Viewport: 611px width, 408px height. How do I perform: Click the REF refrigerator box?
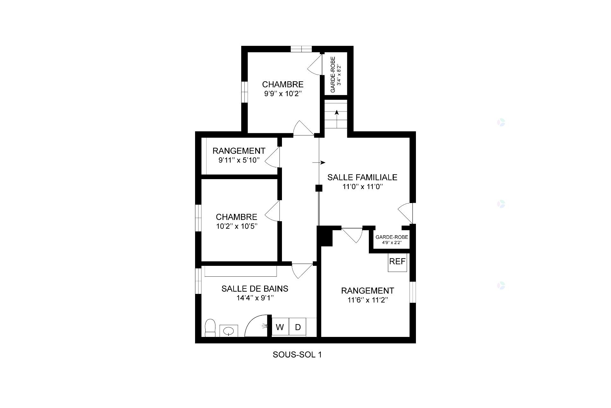point(397,262)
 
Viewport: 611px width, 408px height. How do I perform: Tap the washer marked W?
point(280,327)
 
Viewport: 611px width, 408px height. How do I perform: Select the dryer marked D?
point(298,327)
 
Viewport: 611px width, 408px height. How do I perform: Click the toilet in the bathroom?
point(210,328)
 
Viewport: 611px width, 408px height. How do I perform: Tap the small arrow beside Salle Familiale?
point(319,163)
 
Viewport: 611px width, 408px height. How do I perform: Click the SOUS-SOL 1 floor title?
point(297,354)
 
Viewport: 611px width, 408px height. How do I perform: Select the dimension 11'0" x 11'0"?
point(362,187)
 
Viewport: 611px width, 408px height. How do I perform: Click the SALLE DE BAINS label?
point(255,288)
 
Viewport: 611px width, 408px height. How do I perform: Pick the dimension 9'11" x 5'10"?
point(239,160)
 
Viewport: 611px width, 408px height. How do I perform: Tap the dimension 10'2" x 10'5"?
point(236,226)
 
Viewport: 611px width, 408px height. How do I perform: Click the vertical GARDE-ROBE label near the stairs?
point(333,75)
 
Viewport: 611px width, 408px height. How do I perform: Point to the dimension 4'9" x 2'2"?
point(392,243)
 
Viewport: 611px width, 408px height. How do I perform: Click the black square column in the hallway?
point(319,188)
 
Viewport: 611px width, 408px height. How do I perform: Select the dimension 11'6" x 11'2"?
point(368,300)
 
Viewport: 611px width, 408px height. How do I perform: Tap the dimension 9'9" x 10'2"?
point(283,94)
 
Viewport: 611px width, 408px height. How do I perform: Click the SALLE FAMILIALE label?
point(362,177)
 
